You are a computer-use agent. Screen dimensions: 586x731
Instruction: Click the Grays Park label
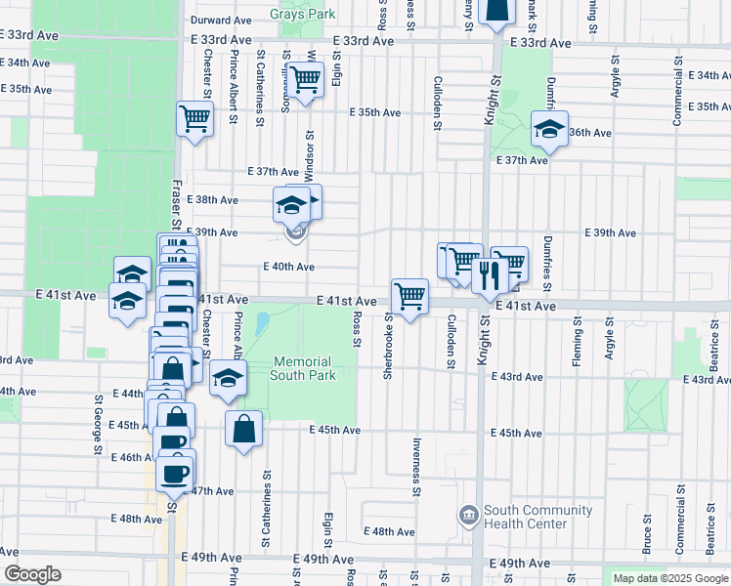[303, 15]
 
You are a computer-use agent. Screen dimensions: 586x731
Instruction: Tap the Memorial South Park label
[303, 368]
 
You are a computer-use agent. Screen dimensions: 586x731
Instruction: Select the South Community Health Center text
[527, 517]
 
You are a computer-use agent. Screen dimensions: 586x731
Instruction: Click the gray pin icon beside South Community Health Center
[469, 514]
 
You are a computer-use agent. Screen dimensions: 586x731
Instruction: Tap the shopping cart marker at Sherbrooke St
[409, 295]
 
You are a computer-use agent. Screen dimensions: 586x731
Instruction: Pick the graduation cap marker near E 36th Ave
[549, 130]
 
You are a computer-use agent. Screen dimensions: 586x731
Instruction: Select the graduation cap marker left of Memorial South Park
[228, 378]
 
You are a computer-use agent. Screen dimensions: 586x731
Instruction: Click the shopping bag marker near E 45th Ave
[243, 428]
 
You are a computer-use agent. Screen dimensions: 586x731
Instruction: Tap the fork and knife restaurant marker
[490, 275]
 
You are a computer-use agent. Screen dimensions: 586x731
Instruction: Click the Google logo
[31, 574]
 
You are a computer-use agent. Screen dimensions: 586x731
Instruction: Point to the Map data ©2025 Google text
[670, 578]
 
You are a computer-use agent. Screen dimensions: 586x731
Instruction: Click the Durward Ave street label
[222, 20]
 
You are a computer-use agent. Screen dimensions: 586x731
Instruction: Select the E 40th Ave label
[288, 267]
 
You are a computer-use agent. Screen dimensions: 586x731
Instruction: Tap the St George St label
[99, 425]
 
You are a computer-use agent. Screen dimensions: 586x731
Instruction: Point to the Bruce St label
[647, 535]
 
